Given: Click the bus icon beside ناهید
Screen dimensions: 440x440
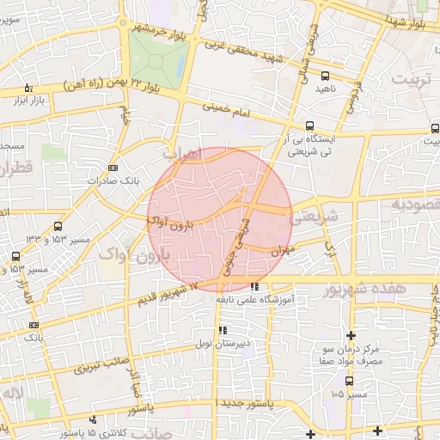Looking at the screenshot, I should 323,76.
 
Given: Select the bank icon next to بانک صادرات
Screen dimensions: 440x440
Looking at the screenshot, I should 113,168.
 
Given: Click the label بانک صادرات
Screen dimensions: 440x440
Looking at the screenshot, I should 113,181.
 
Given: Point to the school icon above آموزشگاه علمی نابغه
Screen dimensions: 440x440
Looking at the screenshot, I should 254,286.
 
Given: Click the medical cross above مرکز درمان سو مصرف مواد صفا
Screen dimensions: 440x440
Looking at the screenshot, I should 351,335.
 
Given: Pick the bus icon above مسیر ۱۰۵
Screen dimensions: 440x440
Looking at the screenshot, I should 349,381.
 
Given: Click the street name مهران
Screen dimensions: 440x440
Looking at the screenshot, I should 283,252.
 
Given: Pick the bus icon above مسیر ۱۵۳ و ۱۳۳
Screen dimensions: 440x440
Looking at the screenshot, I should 58,226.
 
